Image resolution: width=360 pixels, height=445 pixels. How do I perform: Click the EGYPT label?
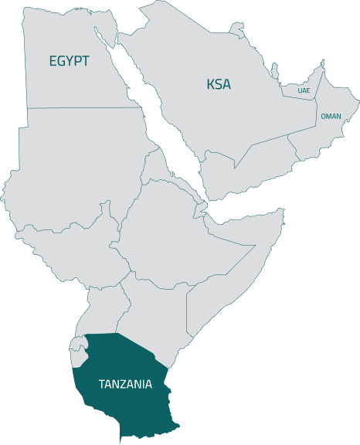pos(69,61)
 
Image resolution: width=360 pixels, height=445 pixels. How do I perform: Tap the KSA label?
pos(219,83)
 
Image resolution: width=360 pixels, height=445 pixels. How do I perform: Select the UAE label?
pos(304,90)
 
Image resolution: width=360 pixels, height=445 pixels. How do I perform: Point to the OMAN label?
pos(331,116)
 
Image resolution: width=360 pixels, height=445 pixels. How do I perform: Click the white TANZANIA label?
pos(124,383)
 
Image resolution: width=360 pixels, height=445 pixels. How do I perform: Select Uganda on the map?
pos(100,309)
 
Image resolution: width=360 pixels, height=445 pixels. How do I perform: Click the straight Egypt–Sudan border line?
pos(85,107)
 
